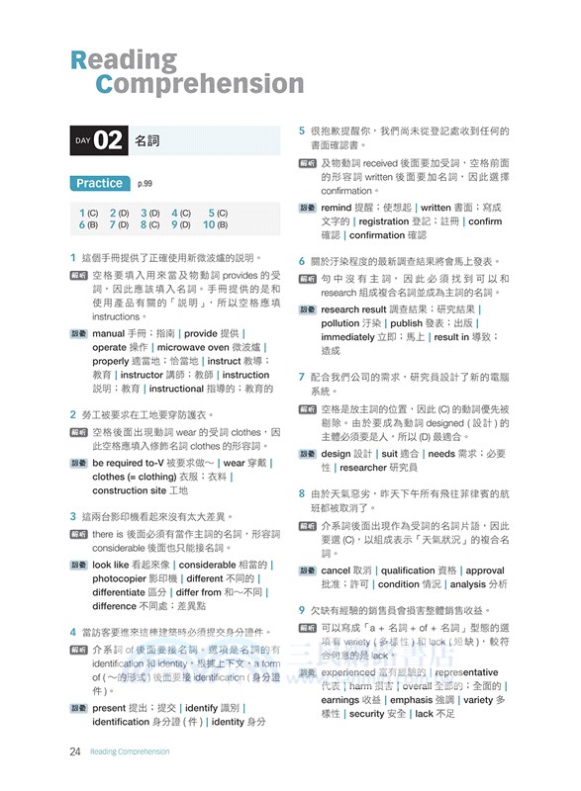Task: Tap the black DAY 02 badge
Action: pos(97,140)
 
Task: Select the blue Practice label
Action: pos(99,183)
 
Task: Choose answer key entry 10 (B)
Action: pos(216,225)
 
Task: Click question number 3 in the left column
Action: pos(74,516)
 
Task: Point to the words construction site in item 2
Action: pos(127,490)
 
